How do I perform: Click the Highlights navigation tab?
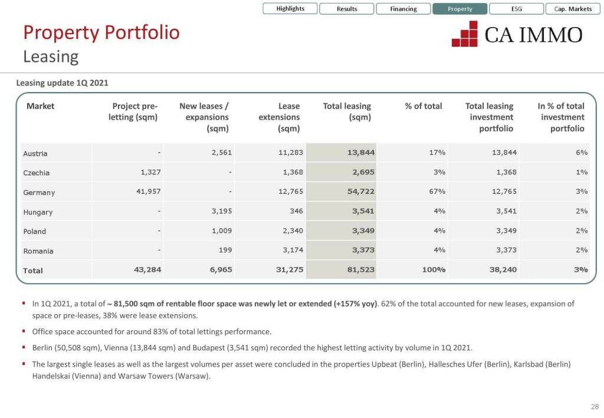coord(290,9)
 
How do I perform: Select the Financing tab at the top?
coord(403,9)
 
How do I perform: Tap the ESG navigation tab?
coord(516,9)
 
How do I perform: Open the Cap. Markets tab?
coord(573,9)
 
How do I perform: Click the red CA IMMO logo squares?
coord(465,34)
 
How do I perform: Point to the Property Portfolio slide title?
coord(101,32)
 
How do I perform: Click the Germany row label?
coord(39,192)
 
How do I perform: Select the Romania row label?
coord(38,251)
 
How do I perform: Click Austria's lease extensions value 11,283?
coord(291,152)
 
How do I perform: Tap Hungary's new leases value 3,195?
coord(221,210)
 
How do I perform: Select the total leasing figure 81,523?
coord(361,269)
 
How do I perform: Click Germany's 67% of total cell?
coord(436,191)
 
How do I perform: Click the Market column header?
coord(40,106)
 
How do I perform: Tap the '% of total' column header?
coord(423,106)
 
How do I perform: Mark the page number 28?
coord(594,406)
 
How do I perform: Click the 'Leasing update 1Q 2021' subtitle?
coord(63,83)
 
